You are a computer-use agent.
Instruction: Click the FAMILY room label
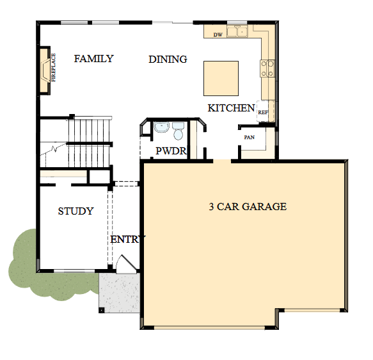tap(93, 59)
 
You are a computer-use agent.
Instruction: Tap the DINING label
tap(168, 60)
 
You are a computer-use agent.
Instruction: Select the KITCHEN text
tap(231, 108)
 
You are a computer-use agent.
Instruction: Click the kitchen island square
tap(221, 78)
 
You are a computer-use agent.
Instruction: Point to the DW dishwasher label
tap(218, 34)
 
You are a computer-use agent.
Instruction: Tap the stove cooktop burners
tap(267, 67)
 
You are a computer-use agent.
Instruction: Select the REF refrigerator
tap(263, 111)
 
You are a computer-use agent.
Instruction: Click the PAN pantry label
tap(250, 137)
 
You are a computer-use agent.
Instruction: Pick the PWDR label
tap(171, 151)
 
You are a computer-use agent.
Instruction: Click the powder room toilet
tap(178, 132)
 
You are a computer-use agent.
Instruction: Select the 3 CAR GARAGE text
tap(248, 207)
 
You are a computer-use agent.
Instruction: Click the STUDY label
tap(75, 211)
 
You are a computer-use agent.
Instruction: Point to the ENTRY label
tap(127, 240)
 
